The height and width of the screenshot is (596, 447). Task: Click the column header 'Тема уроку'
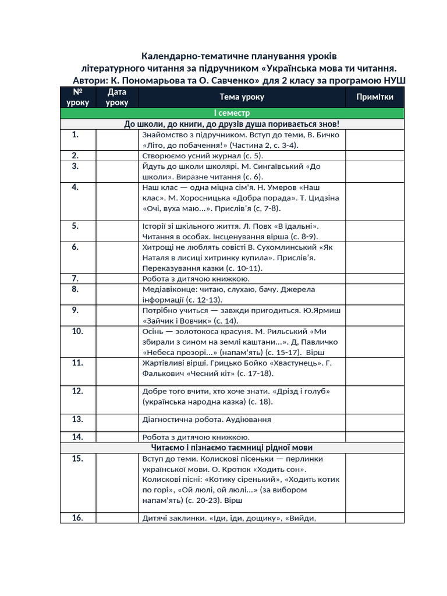(x=242, y=97)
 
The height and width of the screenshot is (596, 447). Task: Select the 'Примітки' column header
(x=375, y=97)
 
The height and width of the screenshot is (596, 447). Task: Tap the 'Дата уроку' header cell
(x=117, y=97)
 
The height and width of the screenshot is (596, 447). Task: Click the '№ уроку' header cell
(x=77, y=97)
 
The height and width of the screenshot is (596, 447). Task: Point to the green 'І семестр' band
(x=231, y=113)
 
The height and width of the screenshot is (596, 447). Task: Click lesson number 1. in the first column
(x=76, y=134)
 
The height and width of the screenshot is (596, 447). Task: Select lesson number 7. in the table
(x=76, y=278)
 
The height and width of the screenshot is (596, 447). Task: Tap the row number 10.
(x=77, y=331)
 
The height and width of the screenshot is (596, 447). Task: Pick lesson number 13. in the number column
(x=77, y=418)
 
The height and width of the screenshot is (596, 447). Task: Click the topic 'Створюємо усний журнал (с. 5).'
(x=203, y=156)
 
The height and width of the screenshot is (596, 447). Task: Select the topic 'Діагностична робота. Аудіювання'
(x=206, y=419)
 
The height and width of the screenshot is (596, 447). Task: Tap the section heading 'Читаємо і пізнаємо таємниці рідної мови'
(x=231, y=448)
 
